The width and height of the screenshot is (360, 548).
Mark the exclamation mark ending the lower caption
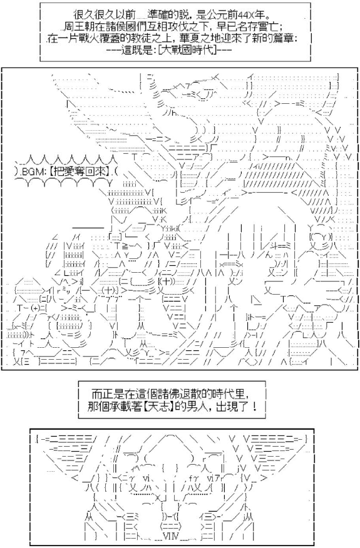tap(254, 406)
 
